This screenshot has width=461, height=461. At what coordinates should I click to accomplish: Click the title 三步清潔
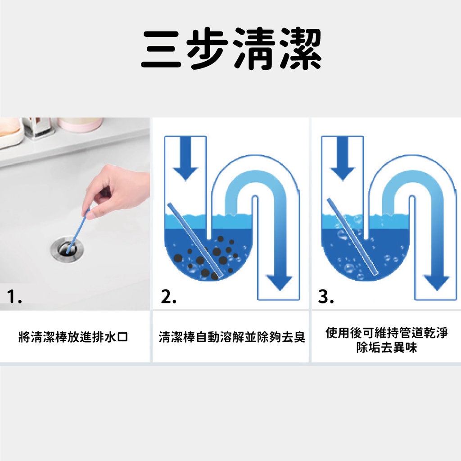point(231,49)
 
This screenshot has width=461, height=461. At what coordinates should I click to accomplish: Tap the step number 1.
point(14,296)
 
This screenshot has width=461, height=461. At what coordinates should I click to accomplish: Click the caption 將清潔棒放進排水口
point(73,337)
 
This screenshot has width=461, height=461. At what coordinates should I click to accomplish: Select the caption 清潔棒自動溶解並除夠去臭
point(232,337)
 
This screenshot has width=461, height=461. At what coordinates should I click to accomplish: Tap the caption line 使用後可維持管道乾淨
point(386,333)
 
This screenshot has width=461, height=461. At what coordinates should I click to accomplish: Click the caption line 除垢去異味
point(386,348)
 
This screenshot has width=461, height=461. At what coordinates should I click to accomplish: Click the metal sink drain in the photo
point(67,249)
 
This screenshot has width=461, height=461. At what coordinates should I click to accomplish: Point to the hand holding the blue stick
point(115,191)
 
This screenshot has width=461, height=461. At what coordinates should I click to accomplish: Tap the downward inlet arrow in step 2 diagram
point(185,158)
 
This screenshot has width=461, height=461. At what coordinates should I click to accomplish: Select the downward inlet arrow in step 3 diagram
point(343,158)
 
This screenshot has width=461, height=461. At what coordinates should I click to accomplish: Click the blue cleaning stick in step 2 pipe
point(195,240)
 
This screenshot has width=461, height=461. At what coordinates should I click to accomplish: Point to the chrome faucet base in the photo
point(38,127)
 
